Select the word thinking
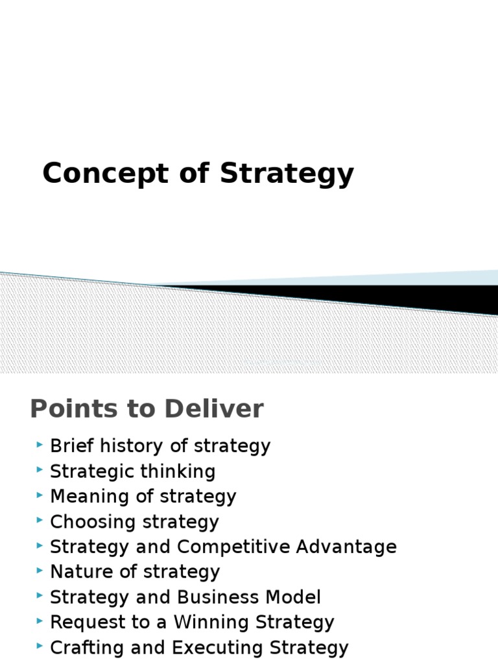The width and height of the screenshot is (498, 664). point(181,472)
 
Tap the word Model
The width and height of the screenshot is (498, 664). point(296,597)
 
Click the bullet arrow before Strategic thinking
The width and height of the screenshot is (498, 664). point(40,470)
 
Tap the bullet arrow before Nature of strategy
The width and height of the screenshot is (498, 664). point(40,571)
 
